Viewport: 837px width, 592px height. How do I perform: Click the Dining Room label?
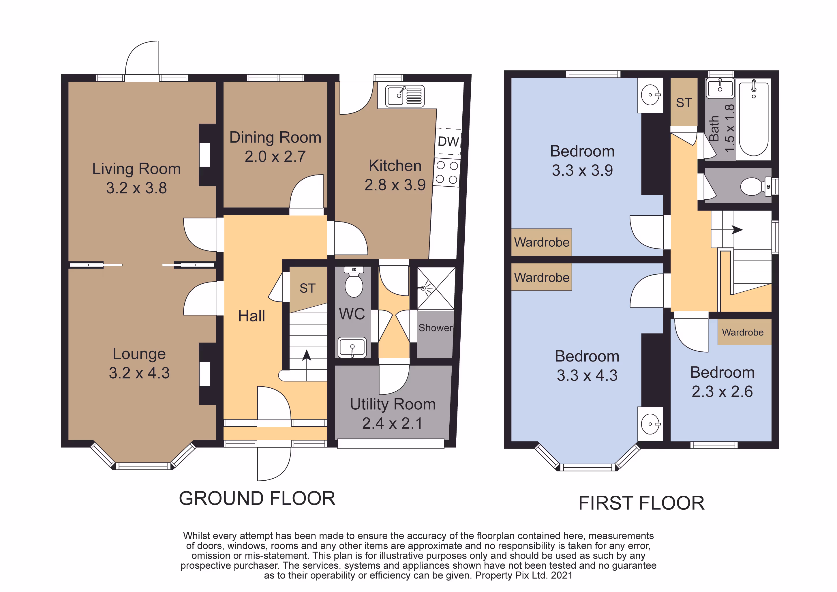275,138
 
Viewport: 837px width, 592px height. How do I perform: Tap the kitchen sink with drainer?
405,96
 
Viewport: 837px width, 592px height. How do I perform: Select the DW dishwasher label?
448,142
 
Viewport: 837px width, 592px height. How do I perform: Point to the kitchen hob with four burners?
447,173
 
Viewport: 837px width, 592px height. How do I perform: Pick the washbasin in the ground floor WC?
352,347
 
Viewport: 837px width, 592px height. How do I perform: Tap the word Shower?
436,328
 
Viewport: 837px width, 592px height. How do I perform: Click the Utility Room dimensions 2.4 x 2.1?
392,423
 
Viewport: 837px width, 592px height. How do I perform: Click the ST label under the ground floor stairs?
307,288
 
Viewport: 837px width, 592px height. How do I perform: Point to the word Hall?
252,316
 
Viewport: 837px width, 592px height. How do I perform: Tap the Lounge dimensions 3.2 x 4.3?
139,373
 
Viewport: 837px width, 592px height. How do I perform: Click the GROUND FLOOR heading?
257,498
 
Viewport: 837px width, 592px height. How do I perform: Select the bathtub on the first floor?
754,119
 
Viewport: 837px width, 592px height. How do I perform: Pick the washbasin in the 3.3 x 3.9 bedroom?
650,95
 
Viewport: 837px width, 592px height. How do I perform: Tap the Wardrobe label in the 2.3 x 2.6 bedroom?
743,332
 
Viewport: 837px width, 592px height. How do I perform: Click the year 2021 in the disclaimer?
561,575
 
